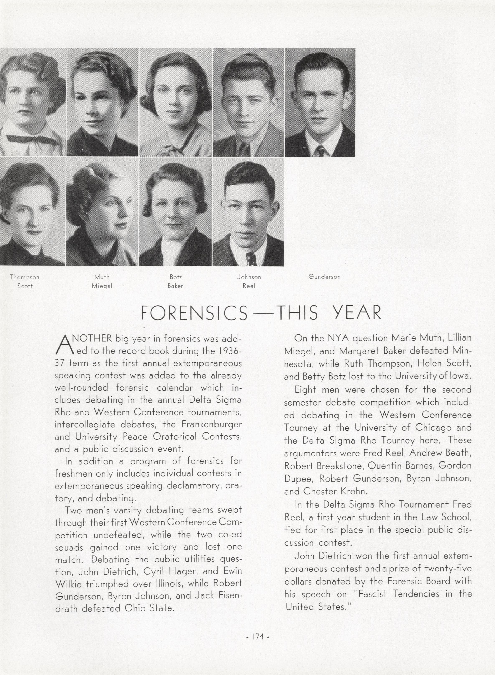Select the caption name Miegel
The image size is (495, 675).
[102, 286]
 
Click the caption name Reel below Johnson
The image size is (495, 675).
[249, 286]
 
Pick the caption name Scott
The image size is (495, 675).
[25, 286]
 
